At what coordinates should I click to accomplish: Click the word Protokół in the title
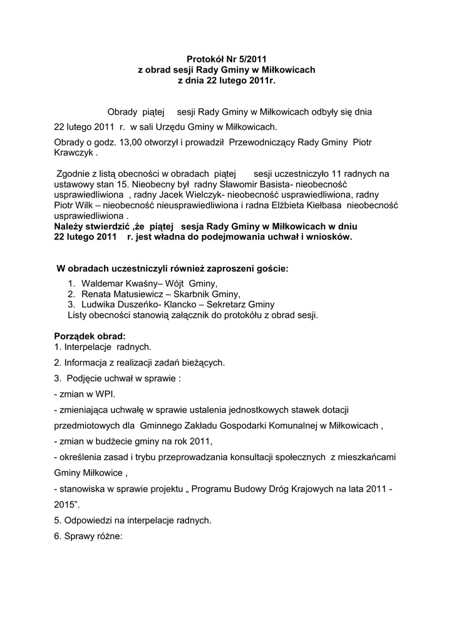coord(206,60)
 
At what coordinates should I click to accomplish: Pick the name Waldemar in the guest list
coord(103,283)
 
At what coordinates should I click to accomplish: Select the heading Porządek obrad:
coord(90,335)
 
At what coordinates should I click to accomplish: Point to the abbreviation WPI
coord(105,394)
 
